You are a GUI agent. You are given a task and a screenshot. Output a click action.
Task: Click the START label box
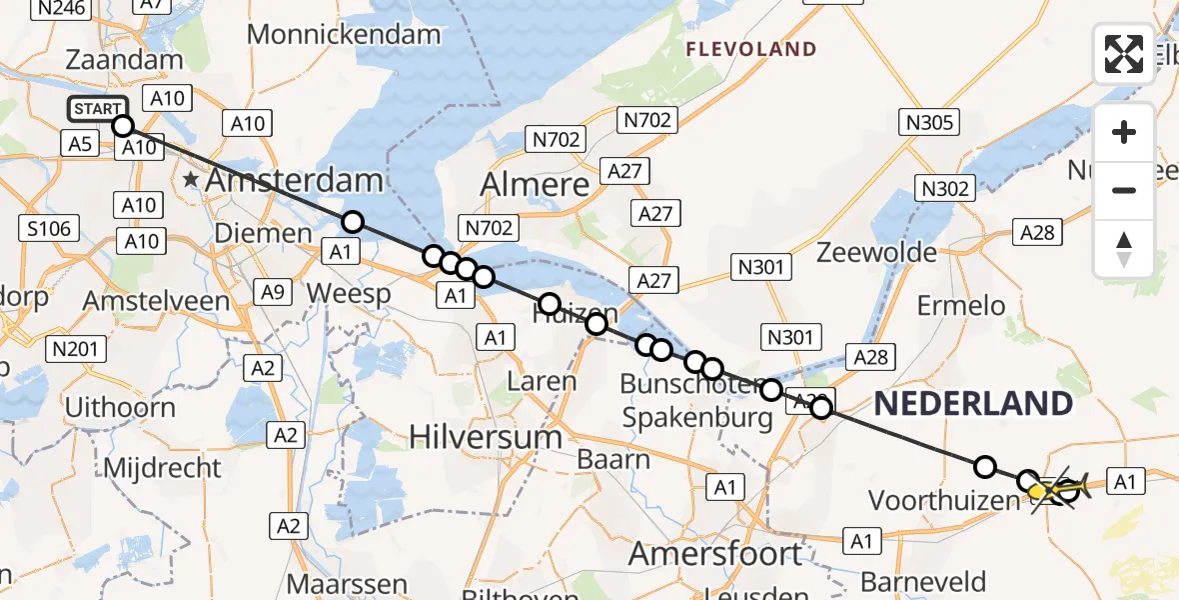click(x=98, y=109)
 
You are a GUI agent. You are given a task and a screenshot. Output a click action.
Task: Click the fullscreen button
click(x=1124, y=54)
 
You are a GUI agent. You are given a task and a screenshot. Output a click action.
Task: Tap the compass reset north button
click(x=1124, y=249)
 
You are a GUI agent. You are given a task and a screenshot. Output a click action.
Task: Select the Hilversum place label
click(x=487, y=437)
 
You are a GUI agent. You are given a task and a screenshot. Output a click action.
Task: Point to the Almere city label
click(x=535, y=184)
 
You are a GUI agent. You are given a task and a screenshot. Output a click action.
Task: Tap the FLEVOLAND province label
click(x=750, y=49)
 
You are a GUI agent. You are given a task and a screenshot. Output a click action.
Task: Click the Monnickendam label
click(x=344, y=34)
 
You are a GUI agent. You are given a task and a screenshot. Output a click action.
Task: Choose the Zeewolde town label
click(x=876, y=252)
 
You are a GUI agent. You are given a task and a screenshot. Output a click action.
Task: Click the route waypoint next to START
click(x=123, y=125)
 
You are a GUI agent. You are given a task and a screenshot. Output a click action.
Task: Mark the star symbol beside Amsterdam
click(x=190, y=181)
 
